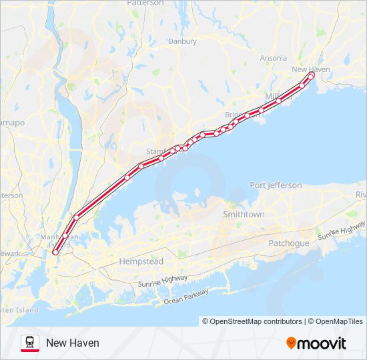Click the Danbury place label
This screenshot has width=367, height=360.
tap(182, 41)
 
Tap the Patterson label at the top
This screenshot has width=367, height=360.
tap(145, 3)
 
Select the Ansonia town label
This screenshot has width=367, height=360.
tap(273, 58)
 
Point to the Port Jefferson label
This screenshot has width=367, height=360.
tap(276, 185)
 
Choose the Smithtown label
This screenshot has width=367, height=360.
tap(244, 215)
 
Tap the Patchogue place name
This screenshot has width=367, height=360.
tap(289, 243)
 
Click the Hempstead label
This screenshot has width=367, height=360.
tap(141, 261)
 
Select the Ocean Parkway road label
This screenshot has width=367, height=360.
tap(186, 298)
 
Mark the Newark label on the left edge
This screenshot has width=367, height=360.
tap(9, 253)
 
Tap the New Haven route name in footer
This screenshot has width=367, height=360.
tap(73, 343)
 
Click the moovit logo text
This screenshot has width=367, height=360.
tap(322, 343)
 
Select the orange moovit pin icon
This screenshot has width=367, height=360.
tap(291, 343)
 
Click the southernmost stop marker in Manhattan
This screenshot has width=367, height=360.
tap(55, 251)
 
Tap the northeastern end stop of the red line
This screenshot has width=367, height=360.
tap(311, 75)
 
